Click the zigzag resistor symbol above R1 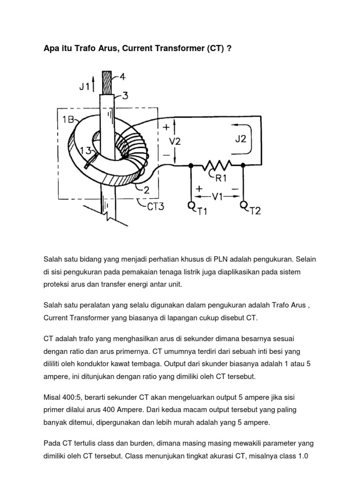tap(217, 165)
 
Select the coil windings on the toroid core tap(129, 140)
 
